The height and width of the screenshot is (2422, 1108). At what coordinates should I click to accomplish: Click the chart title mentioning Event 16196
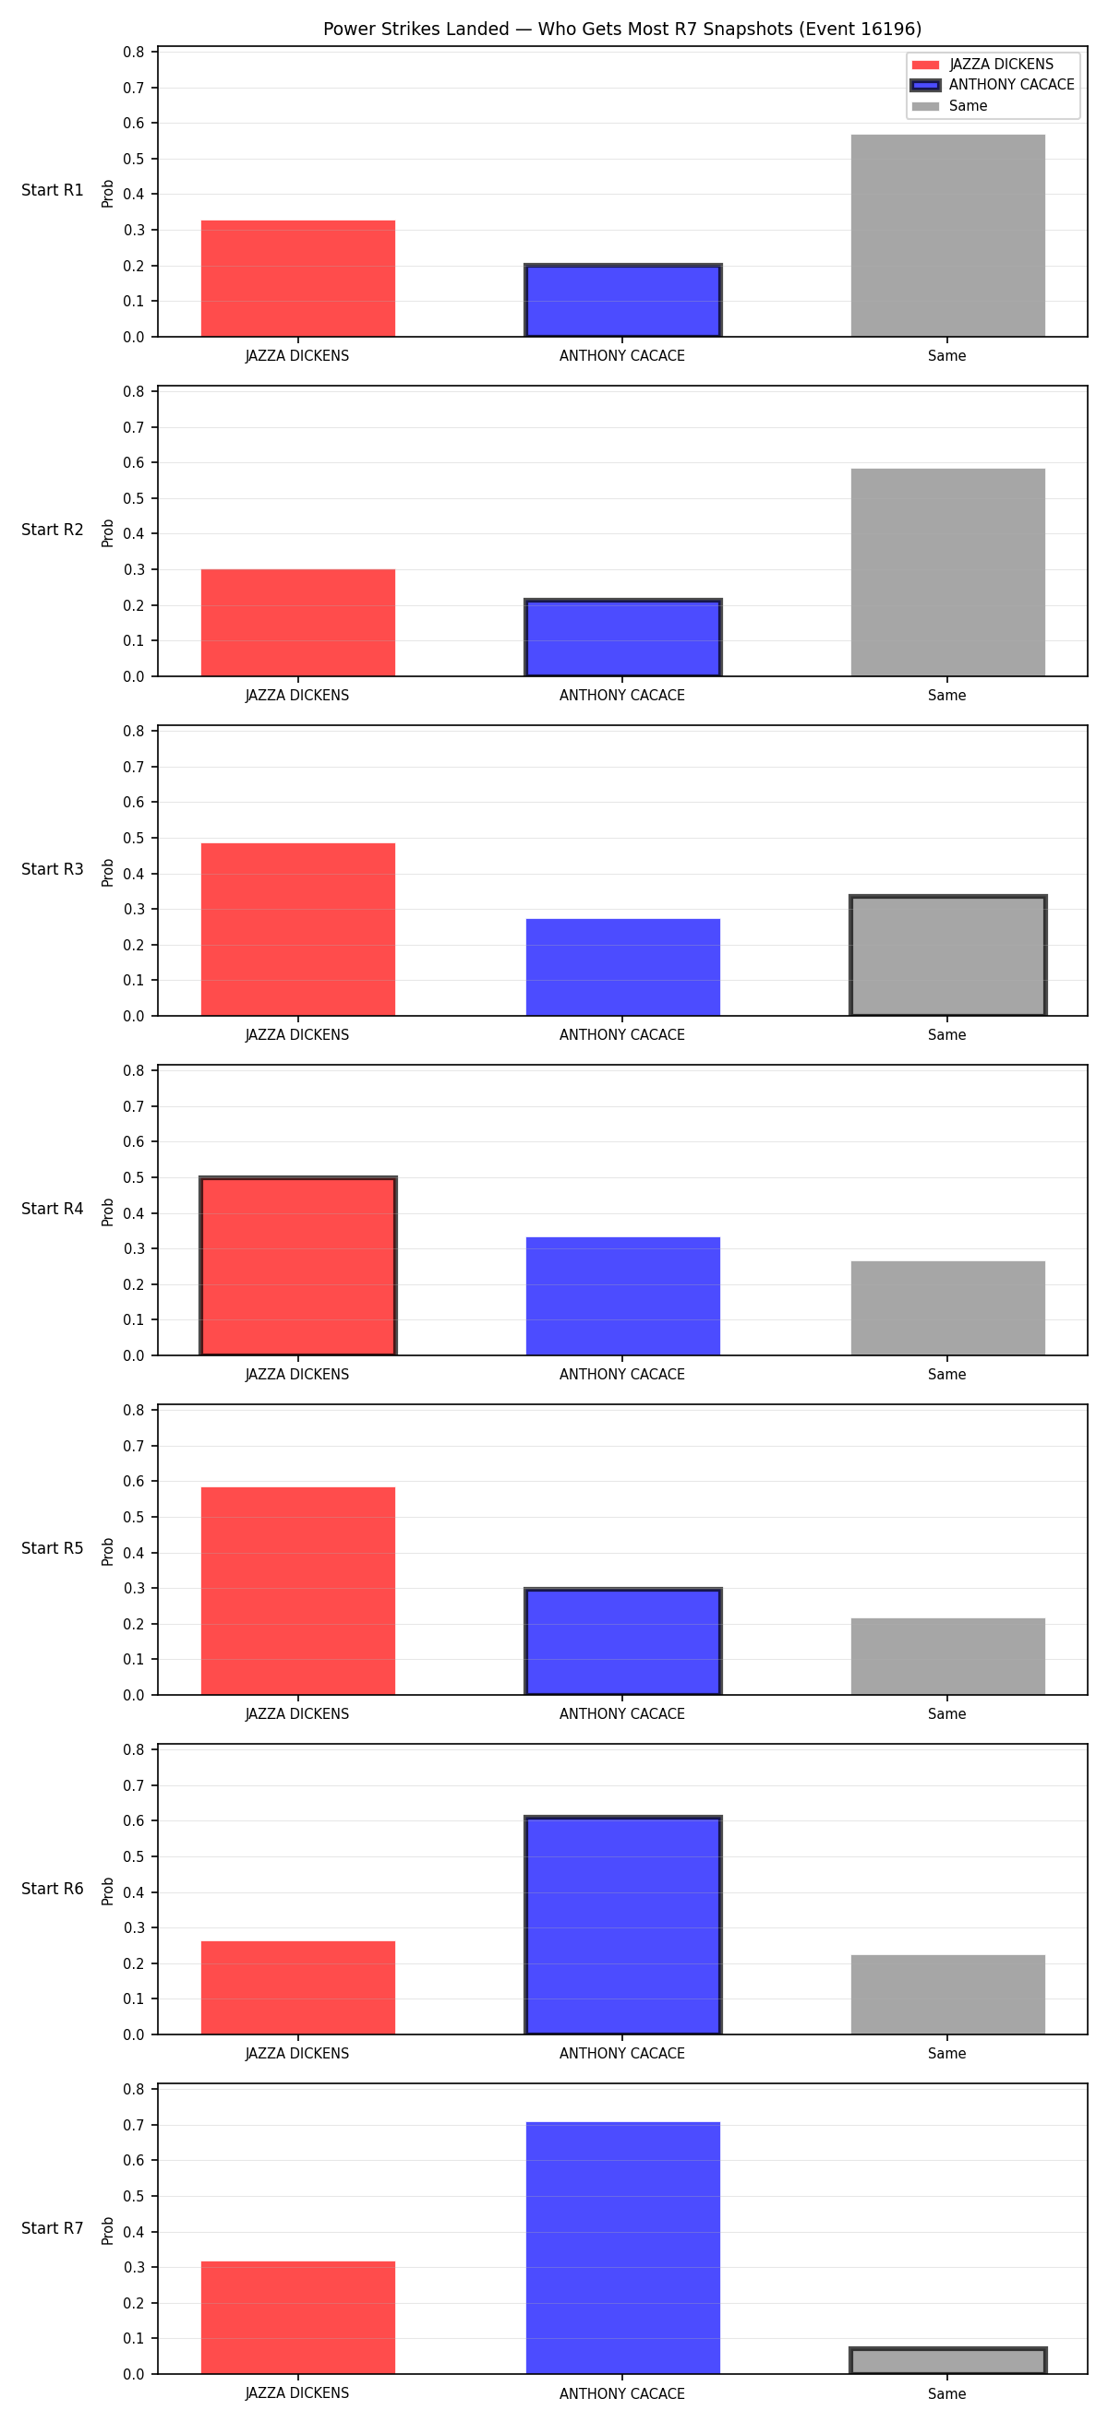621,30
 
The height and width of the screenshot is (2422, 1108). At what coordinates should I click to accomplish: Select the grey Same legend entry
949,105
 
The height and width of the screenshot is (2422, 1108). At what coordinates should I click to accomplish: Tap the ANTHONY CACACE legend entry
993,85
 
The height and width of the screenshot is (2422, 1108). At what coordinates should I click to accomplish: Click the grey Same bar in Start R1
947,235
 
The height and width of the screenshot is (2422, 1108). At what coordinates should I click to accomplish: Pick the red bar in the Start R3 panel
297,929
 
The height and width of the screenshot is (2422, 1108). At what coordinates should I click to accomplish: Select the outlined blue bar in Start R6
622,1926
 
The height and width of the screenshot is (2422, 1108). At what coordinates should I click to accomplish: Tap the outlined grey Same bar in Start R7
947,2360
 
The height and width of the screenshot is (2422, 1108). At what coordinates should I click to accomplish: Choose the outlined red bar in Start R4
297,1266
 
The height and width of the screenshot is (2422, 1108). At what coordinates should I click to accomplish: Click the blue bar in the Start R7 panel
622,2247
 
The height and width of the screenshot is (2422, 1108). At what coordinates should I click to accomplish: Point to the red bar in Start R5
297,1591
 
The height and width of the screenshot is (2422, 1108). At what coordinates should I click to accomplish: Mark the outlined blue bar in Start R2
622,638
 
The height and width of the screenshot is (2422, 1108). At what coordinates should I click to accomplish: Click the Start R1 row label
53,190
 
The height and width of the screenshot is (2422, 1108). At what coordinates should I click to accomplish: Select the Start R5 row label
53,1548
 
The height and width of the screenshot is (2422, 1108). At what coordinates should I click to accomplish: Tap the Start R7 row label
53,2228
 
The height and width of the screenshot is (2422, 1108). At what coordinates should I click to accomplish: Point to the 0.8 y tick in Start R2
134,391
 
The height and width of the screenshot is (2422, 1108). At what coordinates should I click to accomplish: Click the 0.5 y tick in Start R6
134,1857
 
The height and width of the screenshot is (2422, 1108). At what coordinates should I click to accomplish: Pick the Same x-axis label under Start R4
947,1375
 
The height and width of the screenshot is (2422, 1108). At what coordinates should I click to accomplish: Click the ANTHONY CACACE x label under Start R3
621,1035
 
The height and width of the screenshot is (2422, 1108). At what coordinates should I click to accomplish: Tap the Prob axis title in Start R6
108,1891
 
